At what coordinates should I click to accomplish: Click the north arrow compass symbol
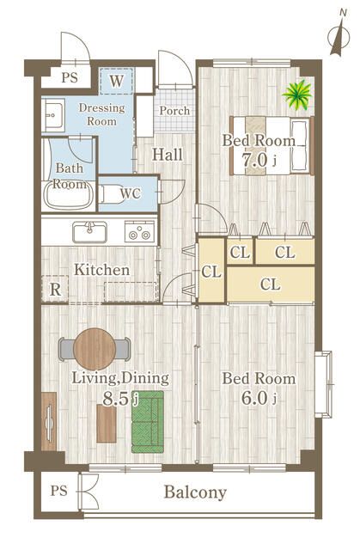(x=339, y=38)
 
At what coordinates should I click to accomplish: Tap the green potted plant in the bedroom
(x=297, y=95)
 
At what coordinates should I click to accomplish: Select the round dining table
(x=95, y=349)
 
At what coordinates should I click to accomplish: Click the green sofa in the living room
(x=148, y=422)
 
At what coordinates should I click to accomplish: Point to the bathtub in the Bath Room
(x=69, y=196)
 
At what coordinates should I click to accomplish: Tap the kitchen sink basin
(x=89, y=232)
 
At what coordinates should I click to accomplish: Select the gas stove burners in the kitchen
(x=139, y=231)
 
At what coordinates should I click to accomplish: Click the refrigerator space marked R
(x=55, y=290)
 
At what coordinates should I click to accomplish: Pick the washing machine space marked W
(x=116, y=81)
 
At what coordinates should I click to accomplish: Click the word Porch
(x=174, y=111)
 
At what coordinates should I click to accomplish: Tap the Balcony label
(x=195, y=492)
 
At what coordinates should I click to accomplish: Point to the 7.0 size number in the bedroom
(x=255, y=161)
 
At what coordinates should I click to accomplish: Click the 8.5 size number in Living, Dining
(x=116, y=399)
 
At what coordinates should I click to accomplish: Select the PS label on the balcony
(x=58, y=491)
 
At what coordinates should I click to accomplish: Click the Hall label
(x=168, y=155)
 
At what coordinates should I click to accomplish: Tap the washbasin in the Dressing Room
(x=53, y=114)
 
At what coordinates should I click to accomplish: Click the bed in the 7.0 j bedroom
(x=272, y=145)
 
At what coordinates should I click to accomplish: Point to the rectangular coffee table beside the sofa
(x=107, y=424)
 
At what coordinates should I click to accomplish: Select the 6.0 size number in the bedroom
(x=254, y=399)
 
